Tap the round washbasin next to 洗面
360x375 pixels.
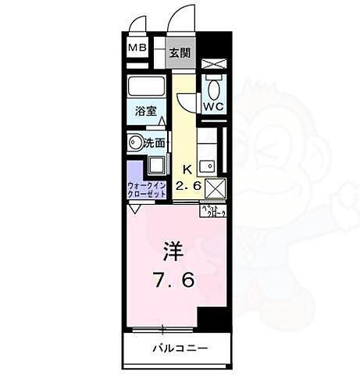coord(135,143)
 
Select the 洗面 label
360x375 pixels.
coord(154,143)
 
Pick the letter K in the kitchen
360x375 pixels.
coord(187,169)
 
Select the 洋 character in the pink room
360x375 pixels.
coord(173,252)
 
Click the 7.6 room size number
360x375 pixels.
coord(173,279)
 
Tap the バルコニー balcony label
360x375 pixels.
coord(179,347)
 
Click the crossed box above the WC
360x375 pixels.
coord(212,65)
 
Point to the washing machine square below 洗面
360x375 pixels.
coord(155,165)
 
